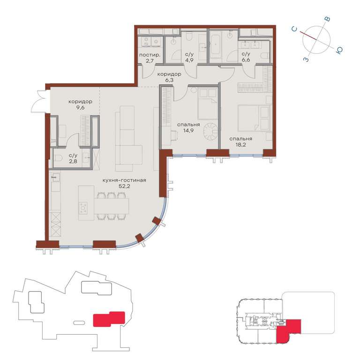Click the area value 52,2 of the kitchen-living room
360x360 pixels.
124,186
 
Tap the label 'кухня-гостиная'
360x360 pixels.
124,180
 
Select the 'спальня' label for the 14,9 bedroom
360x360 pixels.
188,125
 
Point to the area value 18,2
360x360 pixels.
240,145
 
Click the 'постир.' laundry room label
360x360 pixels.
150,55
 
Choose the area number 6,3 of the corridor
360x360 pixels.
169,80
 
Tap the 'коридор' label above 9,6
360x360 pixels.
80,101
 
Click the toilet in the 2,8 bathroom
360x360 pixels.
59,158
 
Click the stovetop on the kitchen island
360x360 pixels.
83,208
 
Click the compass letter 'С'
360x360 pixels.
294,29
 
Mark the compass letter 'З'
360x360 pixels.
306,60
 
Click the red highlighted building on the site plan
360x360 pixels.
109,319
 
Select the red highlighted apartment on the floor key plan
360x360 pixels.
288,330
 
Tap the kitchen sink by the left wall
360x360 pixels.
55,178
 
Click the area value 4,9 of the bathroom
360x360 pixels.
189,60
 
